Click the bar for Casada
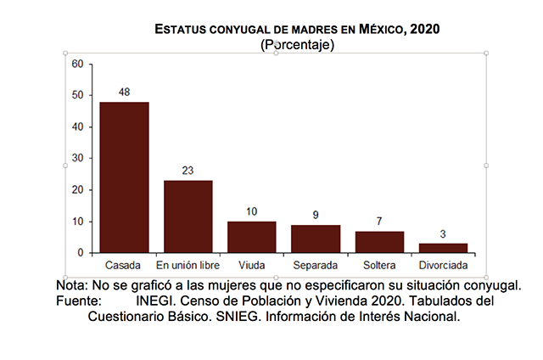pyautogui.click(x=124, y=177)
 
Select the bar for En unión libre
pyautogui.click(x=188, y=217)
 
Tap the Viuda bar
pyautogui.click(x=252, y=237)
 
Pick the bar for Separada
pyautogui.click(x=316, y=239)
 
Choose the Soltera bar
pyautogui.click(x=379, y=242)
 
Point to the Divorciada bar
pyautogui.click(x=443, y=248)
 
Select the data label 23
pyautogui.click(x=188, y=171)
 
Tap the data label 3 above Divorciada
pyautogui.click(x=443, y=234)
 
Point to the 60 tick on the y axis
pyautogui.click(x=77, y=64)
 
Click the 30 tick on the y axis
pyautogui.click(x=77, y=158)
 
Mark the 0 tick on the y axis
pyautogui.click(x=81, y=253)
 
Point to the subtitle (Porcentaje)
pyautogui.click(x=298, y=44)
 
